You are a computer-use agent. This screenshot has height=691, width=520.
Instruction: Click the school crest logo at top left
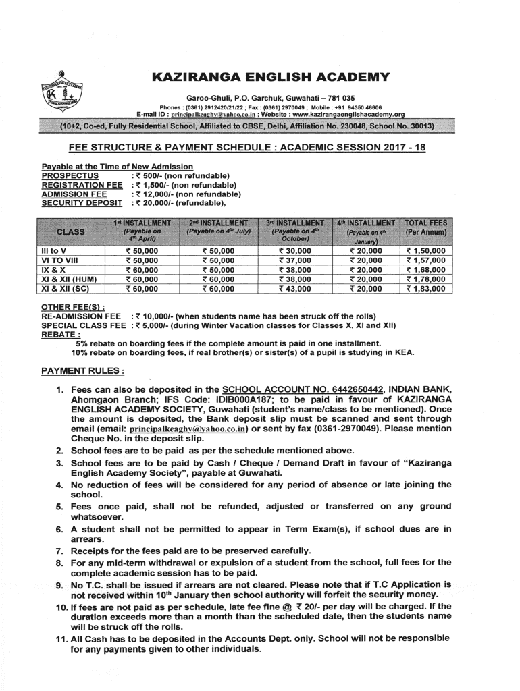(x=53, y=94)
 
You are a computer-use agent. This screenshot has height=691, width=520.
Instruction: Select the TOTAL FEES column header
(x=428, y=227)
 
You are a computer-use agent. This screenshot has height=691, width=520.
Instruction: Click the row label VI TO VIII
(x=60, y=260)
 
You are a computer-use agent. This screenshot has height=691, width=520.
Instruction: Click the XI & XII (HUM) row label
(x=70, y=279)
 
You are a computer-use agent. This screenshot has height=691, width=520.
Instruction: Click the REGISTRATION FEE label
(x=82, y=185)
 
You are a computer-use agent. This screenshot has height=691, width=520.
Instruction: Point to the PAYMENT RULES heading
(x=83, y=371)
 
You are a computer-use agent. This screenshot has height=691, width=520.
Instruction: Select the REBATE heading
(x=61, y=334)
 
